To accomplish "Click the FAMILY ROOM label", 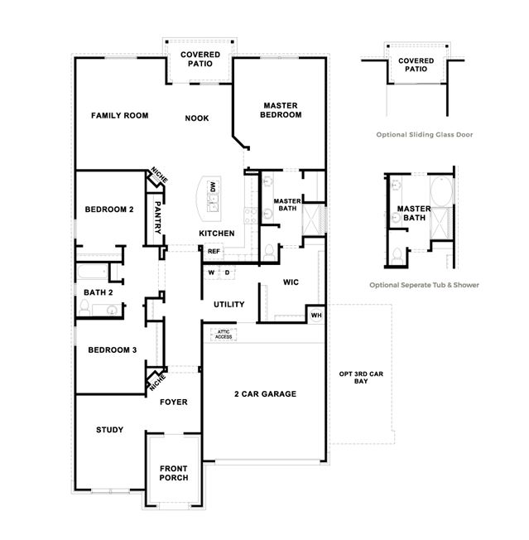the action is [x=120, y=116].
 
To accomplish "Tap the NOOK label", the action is [x=197, y=118].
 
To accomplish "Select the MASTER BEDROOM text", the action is [x=281, y=110].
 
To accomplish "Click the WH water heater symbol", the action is [x=316, y=315].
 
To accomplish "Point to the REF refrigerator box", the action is [x=214, y=252].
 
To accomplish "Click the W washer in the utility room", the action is [x=212, y=272].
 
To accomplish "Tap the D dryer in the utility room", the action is [x=227, y=272].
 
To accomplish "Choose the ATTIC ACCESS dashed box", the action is [x=224, y=334].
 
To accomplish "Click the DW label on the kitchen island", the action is [x=213, y=187].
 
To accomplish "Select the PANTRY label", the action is [x=157, y=218].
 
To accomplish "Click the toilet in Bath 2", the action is [x=84, y=307].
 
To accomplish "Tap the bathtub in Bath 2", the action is [x=93, y=272].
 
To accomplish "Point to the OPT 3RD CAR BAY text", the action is [x=361, y=378].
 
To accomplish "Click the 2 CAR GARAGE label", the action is [x=266, y=394].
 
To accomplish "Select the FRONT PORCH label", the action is [x=174, y=473].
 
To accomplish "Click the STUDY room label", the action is [x=110, y=430].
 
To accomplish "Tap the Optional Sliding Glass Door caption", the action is [x=425, y=135].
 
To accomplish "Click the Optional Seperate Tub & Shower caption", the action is [x=424, y=285].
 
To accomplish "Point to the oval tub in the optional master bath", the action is [x=441, y=191].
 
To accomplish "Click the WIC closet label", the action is [x=291, y=282].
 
